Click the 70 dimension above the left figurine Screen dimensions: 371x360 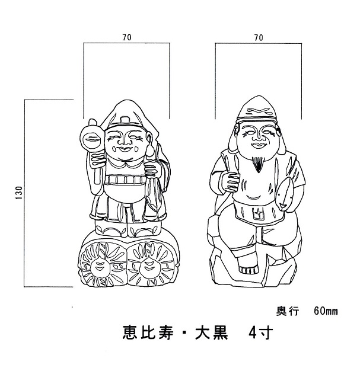click(127, 37)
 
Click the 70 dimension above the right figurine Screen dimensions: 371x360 click(258, 37)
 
